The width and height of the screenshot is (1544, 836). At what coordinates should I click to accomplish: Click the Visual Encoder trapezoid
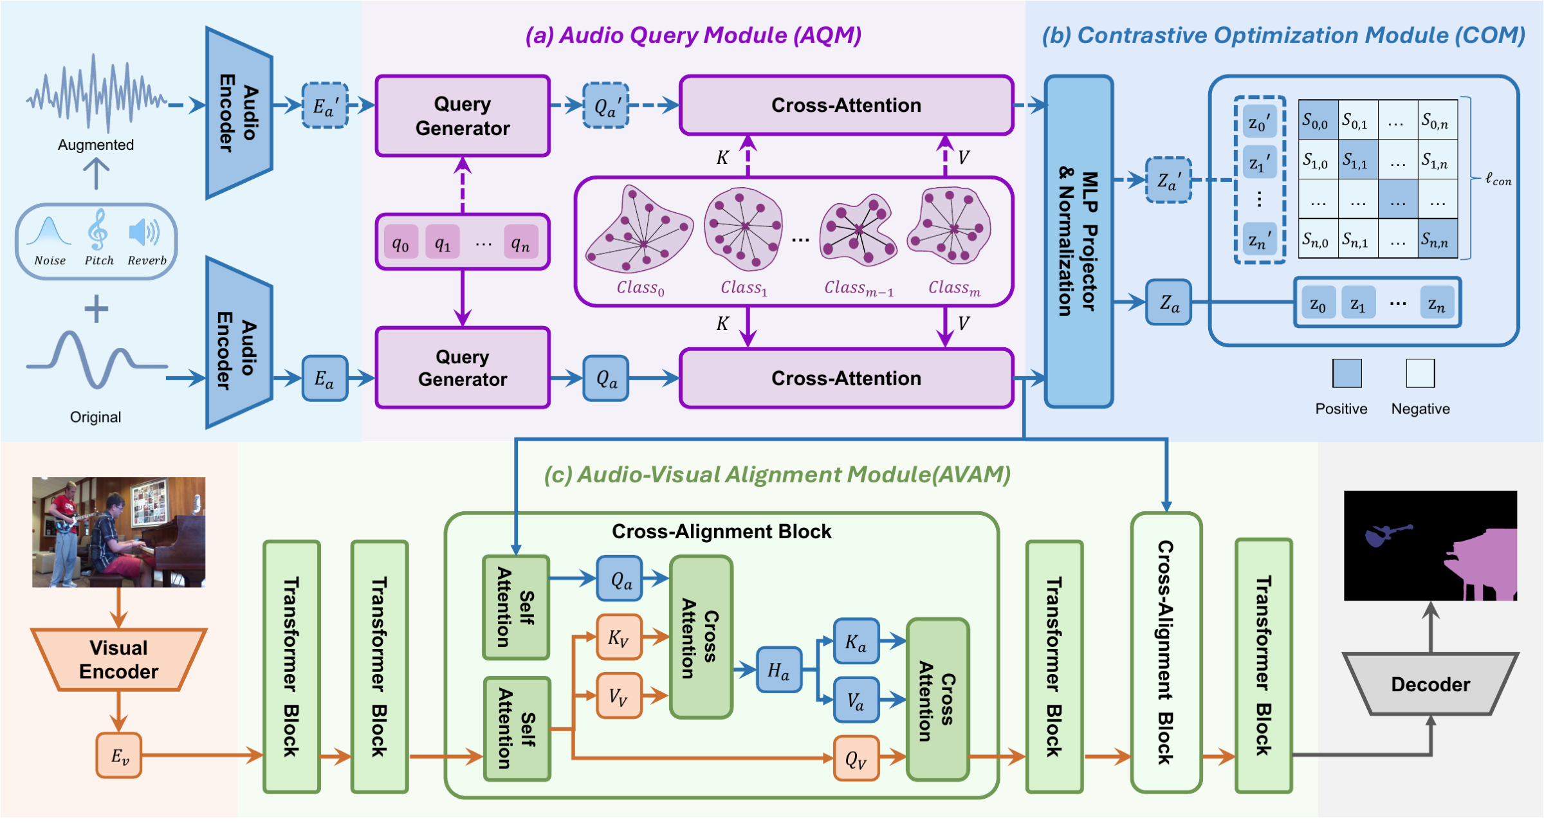[x=119, y=659]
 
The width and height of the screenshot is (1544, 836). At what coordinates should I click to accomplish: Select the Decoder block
[x=1430, y=684]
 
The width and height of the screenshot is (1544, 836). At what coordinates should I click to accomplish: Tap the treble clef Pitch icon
[x=98, y=230]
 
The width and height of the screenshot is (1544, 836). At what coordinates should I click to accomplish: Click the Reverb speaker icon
[x=144, y=232]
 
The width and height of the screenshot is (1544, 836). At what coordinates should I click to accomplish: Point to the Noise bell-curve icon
[x=49, y=232]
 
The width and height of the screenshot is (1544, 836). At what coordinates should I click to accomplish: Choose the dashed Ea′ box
[x=325, y=105]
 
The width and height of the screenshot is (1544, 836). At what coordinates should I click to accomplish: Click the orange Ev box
[x=119, y=756]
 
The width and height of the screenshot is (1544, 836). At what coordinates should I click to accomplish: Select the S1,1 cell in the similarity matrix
[x=1357, y=159]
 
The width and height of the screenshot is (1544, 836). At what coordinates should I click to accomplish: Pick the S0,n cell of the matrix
[x=1437, y=120]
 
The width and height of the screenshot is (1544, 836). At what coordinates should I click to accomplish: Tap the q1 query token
[x=443, y=242]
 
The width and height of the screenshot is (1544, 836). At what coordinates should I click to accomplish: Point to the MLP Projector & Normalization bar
[x=1079, y=242]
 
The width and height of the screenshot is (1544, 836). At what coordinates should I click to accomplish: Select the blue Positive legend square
[x=1347, y=373]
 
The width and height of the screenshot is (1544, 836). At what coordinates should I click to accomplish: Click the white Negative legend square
[x=1420, y=373]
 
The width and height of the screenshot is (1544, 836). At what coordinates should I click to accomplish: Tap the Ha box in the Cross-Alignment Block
[x=778, y=669]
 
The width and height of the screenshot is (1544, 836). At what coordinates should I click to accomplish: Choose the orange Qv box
[x=856, y=758]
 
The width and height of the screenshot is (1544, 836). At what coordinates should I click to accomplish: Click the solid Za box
[x=1169, y=302]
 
